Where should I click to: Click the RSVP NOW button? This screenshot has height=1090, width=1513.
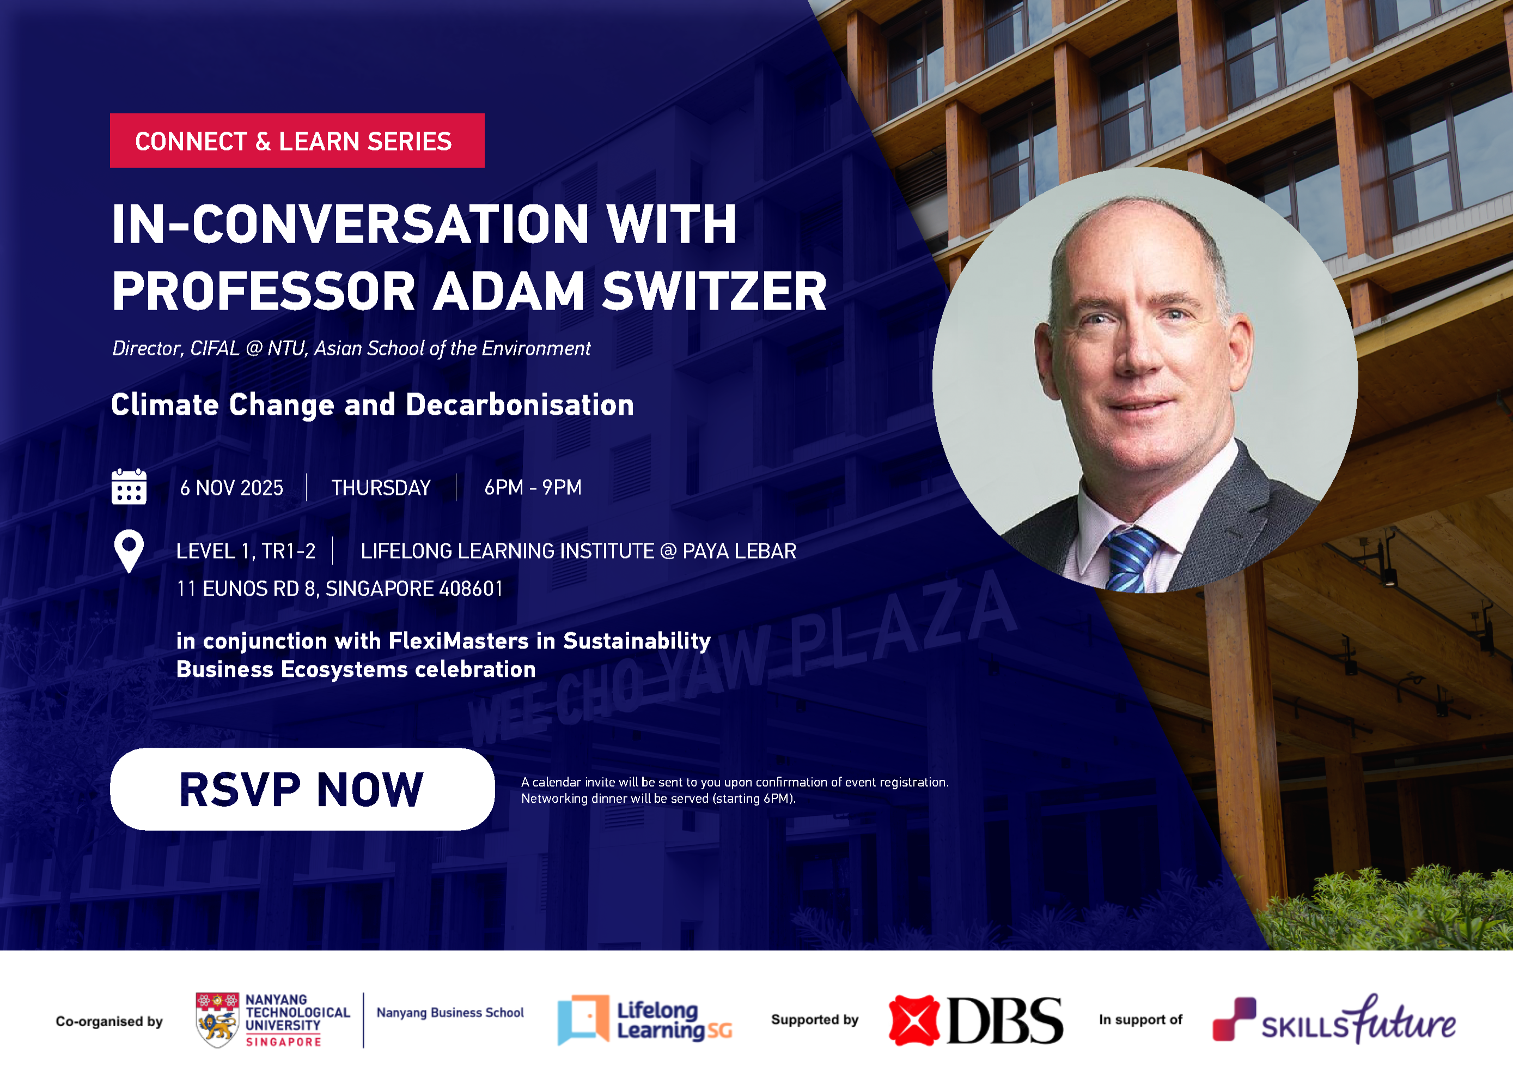coord(302,789)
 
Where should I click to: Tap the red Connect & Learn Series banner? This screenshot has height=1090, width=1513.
coord(297,141)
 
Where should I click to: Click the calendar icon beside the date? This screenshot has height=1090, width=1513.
coord(129,487)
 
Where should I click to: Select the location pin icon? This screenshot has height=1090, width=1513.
coord(129,550)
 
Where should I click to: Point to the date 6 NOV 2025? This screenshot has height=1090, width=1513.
coord(231,488)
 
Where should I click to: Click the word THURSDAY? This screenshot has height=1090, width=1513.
coord(381,488)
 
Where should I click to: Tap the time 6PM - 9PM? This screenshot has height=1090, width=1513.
coord(532,488)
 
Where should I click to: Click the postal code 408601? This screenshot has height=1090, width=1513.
coord(471,589)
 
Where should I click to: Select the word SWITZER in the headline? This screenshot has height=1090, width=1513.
coord(714,292)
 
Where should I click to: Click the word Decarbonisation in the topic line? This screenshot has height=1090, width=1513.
coord(520,405)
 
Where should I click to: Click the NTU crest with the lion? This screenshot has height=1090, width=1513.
coord(217,1020)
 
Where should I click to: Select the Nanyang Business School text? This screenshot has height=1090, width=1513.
coord(450,1013)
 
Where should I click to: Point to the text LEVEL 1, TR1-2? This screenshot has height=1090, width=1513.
coord(246,552)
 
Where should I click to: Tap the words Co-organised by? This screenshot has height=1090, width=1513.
coord(109,1021)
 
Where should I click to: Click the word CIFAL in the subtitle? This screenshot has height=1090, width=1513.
coord(214,348)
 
